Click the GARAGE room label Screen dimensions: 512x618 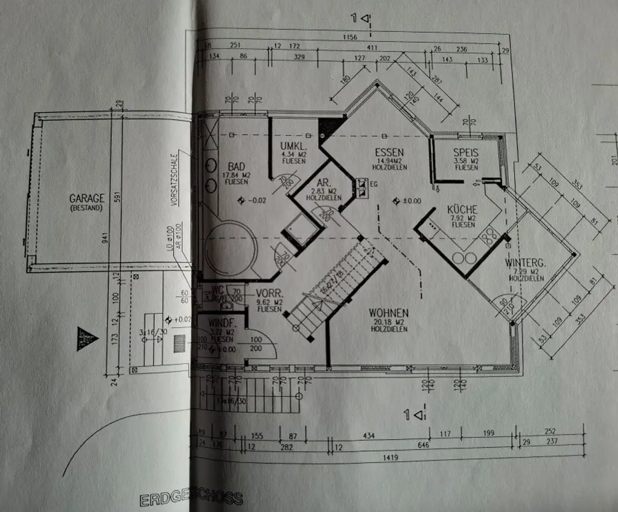87,198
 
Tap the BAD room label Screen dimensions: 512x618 235,166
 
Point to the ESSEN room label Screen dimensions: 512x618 389,152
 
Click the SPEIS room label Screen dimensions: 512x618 466,153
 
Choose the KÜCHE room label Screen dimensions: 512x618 462,209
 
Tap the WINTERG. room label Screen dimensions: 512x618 526,263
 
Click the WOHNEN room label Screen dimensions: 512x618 389,313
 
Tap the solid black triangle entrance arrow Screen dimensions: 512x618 86,338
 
